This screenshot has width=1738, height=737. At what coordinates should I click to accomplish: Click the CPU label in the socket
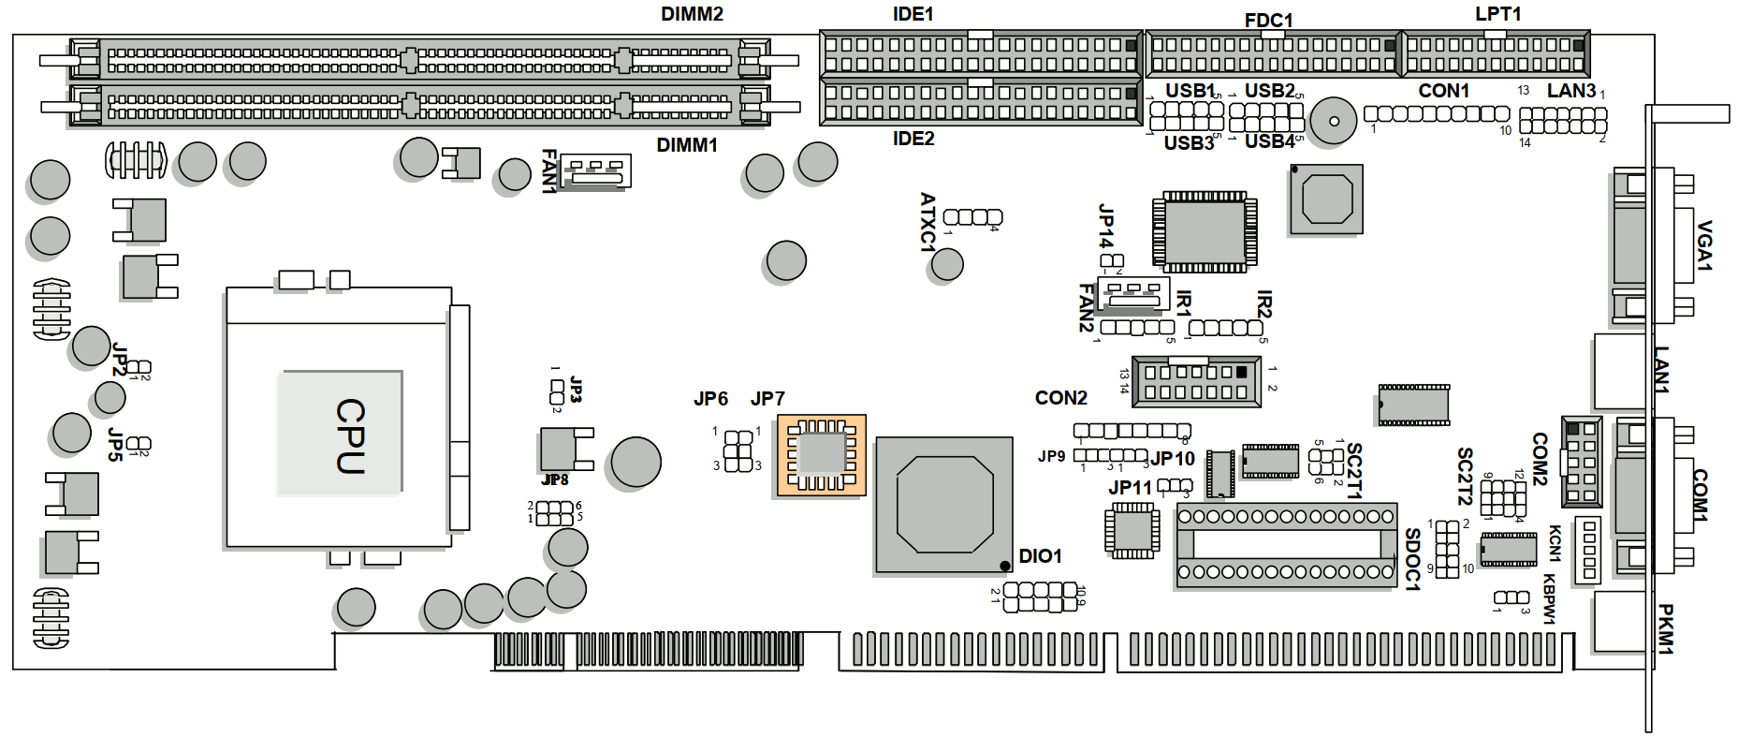coord(350,436)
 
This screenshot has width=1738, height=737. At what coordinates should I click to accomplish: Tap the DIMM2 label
coord(692,14)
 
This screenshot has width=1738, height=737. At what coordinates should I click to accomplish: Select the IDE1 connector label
coord(913,14)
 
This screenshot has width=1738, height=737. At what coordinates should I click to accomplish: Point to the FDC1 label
coord(1268,21)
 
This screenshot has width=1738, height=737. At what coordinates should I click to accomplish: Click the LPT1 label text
coord(1497,14)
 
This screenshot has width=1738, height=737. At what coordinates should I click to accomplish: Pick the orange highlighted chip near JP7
coord(822,455)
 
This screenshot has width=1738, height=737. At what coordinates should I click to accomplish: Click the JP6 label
coord(710,399)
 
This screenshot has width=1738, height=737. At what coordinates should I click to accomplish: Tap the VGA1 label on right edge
coord(1704,245)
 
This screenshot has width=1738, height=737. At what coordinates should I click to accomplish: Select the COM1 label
coord(1700,495)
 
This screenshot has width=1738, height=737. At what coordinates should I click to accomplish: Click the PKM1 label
coord(1666,628)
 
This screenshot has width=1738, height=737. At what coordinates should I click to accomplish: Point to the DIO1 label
coord(1040,556)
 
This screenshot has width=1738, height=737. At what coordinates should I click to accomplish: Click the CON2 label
coord(1060,398)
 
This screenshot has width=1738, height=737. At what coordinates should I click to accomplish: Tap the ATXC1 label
coord(927,222)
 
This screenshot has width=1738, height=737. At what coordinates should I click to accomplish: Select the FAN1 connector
coord(595,170)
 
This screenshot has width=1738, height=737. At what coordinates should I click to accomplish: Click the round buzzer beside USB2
coord(1333,121)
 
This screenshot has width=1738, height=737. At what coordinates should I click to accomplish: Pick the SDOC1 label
coord(1412,559)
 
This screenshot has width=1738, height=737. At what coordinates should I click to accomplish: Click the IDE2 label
coord(913,139)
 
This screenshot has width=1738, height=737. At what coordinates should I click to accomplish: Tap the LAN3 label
coord(1570,91)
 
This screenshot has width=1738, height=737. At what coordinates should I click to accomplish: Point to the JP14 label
coord(1105,227)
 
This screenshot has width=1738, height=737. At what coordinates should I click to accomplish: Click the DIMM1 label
coord(686,145)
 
